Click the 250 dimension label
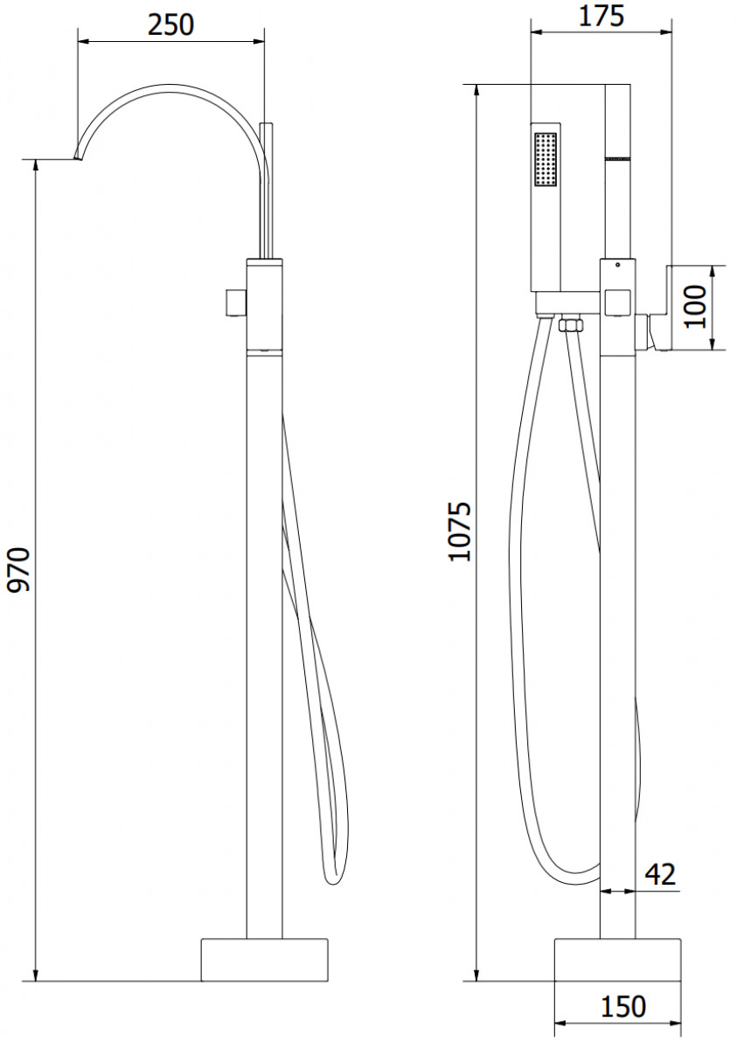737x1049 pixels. point(170,25)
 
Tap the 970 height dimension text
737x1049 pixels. point(20,569)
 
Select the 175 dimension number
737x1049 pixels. point(601,17)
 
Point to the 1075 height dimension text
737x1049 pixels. point(459,532)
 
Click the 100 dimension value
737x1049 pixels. point(695,307)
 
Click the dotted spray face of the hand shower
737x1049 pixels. point(545,159)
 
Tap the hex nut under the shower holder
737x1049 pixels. point(570,325)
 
